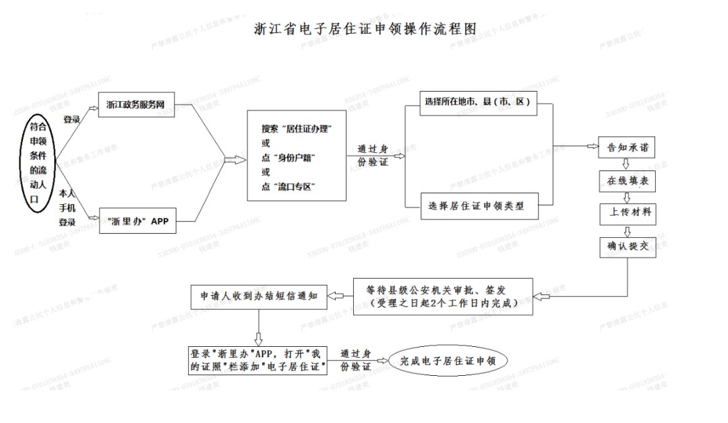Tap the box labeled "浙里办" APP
tap(138, 220)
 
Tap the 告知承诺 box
tap(628, 147)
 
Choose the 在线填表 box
tap(628, 181)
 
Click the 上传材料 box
tap(628, 214)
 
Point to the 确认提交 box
tap(628, 247)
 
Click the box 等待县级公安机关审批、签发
tap(442, 296)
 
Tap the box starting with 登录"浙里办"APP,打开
tap(258, 361)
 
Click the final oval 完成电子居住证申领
tap(448, 362)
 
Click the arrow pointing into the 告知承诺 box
tap(592, 146)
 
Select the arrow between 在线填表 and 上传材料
tap(627, 197)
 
